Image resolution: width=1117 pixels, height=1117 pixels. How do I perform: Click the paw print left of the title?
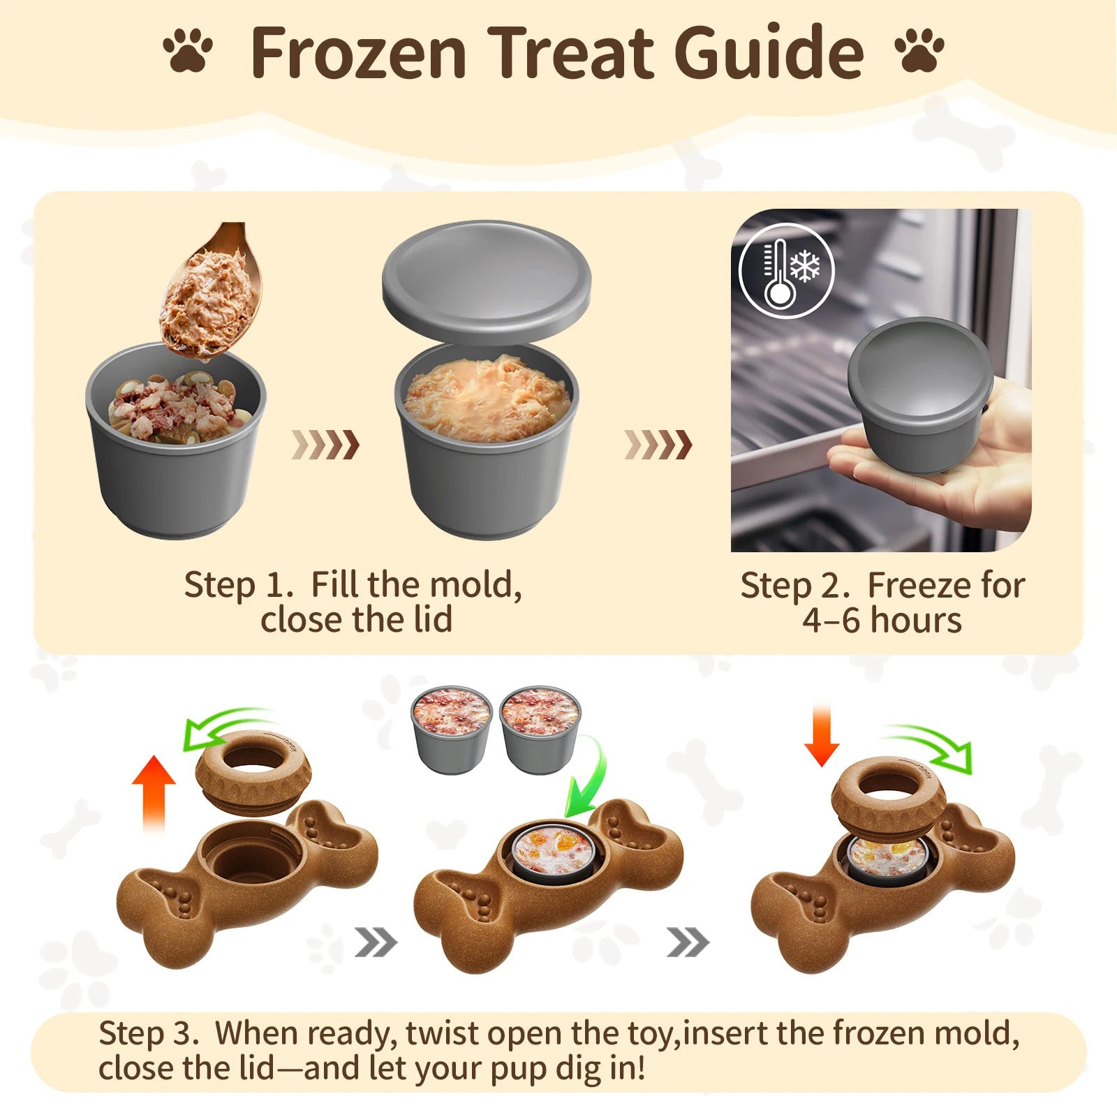coord(188,50)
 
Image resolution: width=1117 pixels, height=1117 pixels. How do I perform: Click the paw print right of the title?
coord(919,50)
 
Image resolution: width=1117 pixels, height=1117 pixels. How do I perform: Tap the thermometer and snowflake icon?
coord(787,271)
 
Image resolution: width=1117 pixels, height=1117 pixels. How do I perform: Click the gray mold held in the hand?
coord(920,395)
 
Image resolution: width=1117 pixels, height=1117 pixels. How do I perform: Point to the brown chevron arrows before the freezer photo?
coord(658,445)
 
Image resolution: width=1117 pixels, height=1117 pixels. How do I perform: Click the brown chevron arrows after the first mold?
coord(325,445)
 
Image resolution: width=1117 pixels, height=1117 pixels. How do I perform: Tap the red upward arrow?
coord(154,792)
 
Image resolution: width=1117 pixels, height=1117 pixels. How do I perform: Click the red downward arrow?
coord(822,735)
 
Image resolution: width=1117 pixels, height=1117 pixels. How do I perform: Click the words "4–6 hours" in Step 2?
coord(882,620)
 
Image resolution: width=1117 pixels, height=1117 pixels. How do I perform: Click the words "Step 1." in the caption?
coord(238,585)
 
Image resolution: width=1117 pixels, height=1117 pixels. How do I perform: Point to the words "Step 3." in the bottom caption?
coord(148,1033)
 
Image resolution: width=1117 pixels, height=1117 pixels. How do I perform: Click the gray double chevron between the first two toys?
coord(376,943)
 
